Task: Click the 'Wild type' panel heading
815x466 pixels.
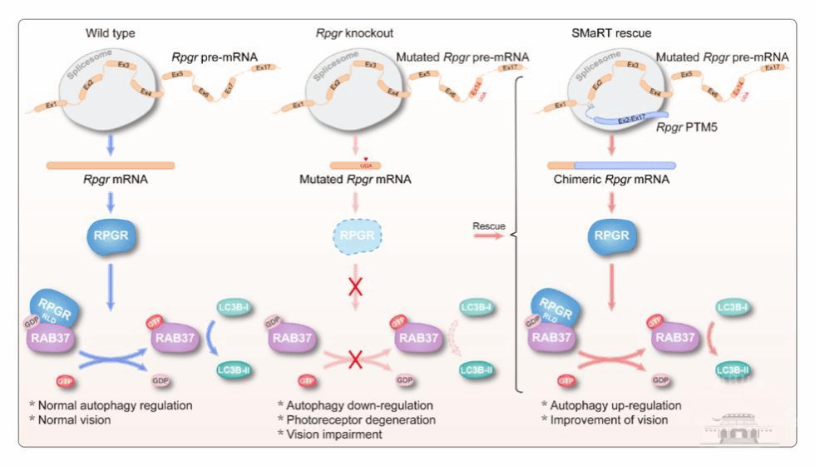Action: tap(110, 33)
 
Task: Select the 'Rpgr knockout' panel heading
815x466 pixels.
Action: tap(353, 33)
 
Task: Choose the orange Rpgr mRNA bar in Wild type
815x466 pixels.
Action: tap(110, 165)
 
